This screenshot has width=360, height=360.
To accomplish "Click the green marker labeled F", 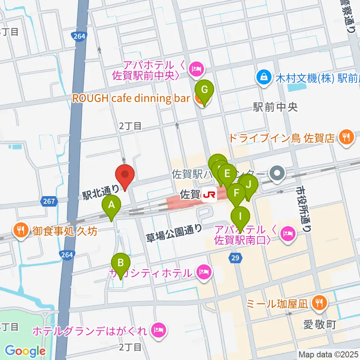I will click(236, 194).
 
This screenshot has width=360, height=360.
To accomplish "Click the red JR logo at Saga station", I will click(209, 195).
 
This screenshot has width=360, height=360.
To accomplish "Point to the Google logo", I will click(25, 351).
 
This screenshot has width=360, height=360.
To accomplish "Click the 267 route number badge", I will click(49, 202).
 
